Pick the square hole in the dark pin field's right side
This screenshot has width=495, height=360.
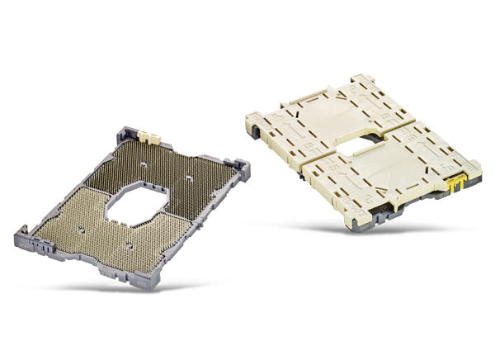(x=191, y=177)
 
